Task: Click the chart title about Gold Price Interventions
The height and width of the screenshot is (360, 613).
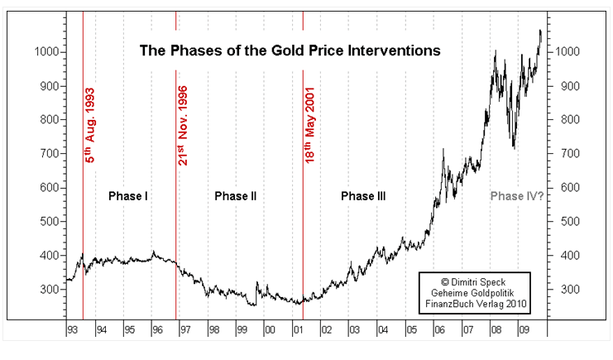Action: point(290,50)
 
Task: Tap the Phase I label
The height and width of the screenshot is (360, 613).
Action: point(128,196)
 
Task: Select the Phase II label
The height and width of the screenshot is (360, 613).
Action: point(235,196)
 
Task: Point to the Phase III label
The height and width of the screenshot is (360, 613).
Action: point(363,196)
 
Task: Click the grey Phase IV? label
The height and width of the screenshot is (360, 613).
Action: point(516,196)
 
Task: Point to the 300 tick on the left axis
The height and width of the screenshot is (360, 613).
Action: point(50,290)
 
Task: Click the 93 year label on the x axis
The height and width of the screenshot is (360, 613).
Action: point(73,329)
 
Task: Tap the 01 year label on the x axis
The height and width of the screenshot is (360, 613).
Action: point(299,329)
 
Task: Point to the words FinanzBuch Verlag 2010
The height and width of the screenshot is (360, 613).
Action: point(473,304)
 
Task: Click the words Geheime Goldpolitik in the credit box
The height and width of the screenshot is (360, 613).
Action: point(473,292)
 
